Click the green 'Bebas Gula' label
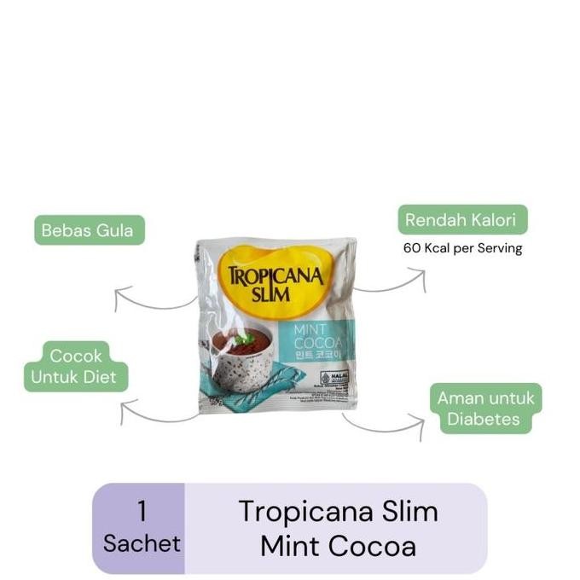pos(89,230)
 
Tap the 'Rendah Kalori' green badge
pos(460,220)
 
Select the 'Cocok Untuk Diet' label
pos(76,366)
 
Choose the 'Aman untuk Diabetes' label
pos(484,409)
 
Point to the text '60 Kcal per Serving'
pos(462,249)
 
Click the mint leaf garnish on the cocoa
pos(244,339)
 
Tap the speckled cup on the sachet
pos(241,375)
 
